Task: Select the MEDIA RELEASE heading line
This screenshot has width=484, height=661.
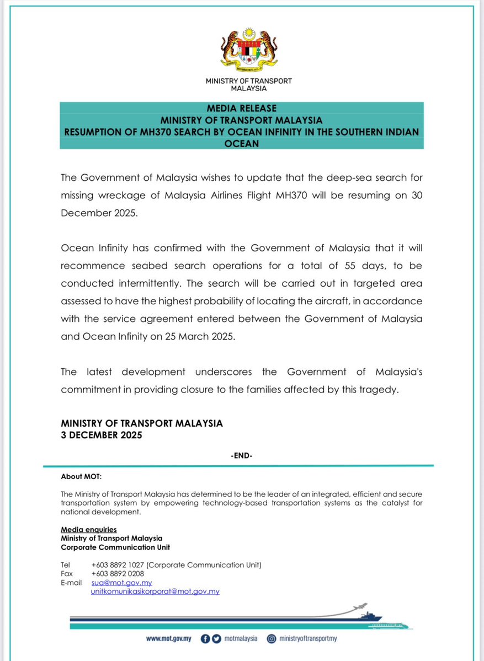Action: point(241,108)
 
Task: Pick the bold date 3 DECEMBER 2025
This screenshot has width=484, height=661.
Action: point(102,435)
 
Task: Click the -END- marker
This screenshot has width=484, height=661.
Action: point(241,455)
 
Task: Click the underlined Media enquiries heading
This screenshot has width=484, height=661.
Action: point(88,530)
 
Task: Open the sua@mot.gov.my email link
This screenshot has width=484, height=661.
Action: point(121,582)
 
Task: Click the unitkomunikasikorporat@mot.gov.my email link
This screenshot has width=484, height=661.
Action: point(155,591)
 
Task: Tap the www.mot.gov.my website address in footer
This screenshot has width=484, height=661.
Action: point(168,638)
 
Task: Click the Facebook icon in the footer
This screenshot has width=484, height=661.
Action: point(205,638)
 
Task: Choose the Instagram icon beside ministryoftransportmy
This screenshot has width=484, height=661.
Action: point(272,638)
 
